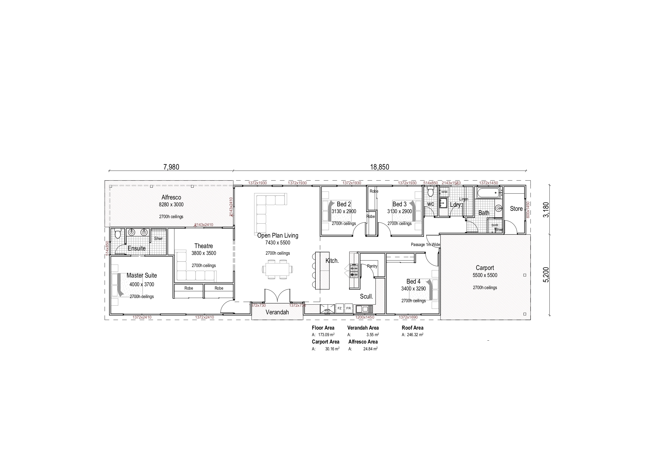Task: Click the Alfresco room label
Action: coord(171,197)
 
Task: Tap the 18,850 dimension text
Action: coord(379,167)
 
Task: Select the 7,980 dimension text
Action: coord(171,167)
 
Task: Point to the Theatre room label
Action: coord(203,246)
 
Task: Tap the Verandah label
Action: coord(277,313)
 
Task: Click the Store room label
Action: coord(516,209)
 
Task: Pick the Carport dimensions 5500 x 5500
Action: coord(485,275)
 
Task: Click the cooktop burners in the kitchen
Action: coord(354,271)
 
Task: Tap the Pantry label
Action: coord(372,266)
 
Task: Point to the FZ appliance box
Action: coord(339,308)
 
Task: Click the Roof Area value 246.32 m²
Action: coord(415,335)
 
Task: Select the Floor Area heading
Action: coord(323,328)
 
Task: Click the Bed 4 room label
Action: coord(413,281)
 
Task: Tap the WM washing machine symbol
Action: coord(444,192)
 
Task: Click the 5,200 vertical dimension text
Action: coord(546,275)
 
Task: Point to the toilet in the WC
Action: coord(430,192)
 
